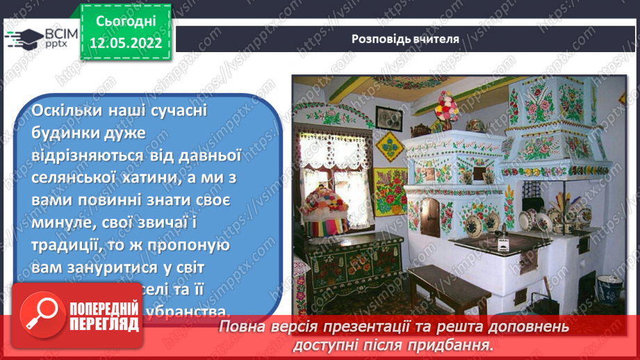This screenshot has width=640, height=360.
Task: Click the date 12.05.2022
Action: [x=126, y=42]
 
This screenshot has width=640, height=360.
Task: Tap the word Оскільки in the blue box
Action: [x=65, y=111]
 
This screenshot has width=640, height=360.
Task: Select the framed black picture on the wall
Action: [x=389, y=117]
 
